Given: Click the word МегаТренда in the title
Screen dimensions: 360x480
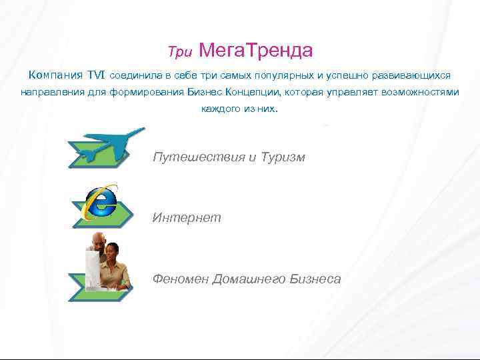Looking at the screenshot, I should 256,50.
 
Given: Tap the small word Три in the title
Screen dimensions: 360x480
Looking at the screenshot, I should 179,51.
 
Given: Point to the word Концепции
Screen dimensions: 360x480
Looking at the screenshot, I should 253,92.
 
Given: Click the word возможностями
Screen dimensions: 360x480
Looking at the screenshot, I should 420,92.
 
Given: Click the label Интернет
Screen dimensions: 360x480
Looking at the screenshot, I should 186,218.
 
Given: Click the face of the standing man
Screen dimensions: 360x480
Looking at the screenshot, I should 97,241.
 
